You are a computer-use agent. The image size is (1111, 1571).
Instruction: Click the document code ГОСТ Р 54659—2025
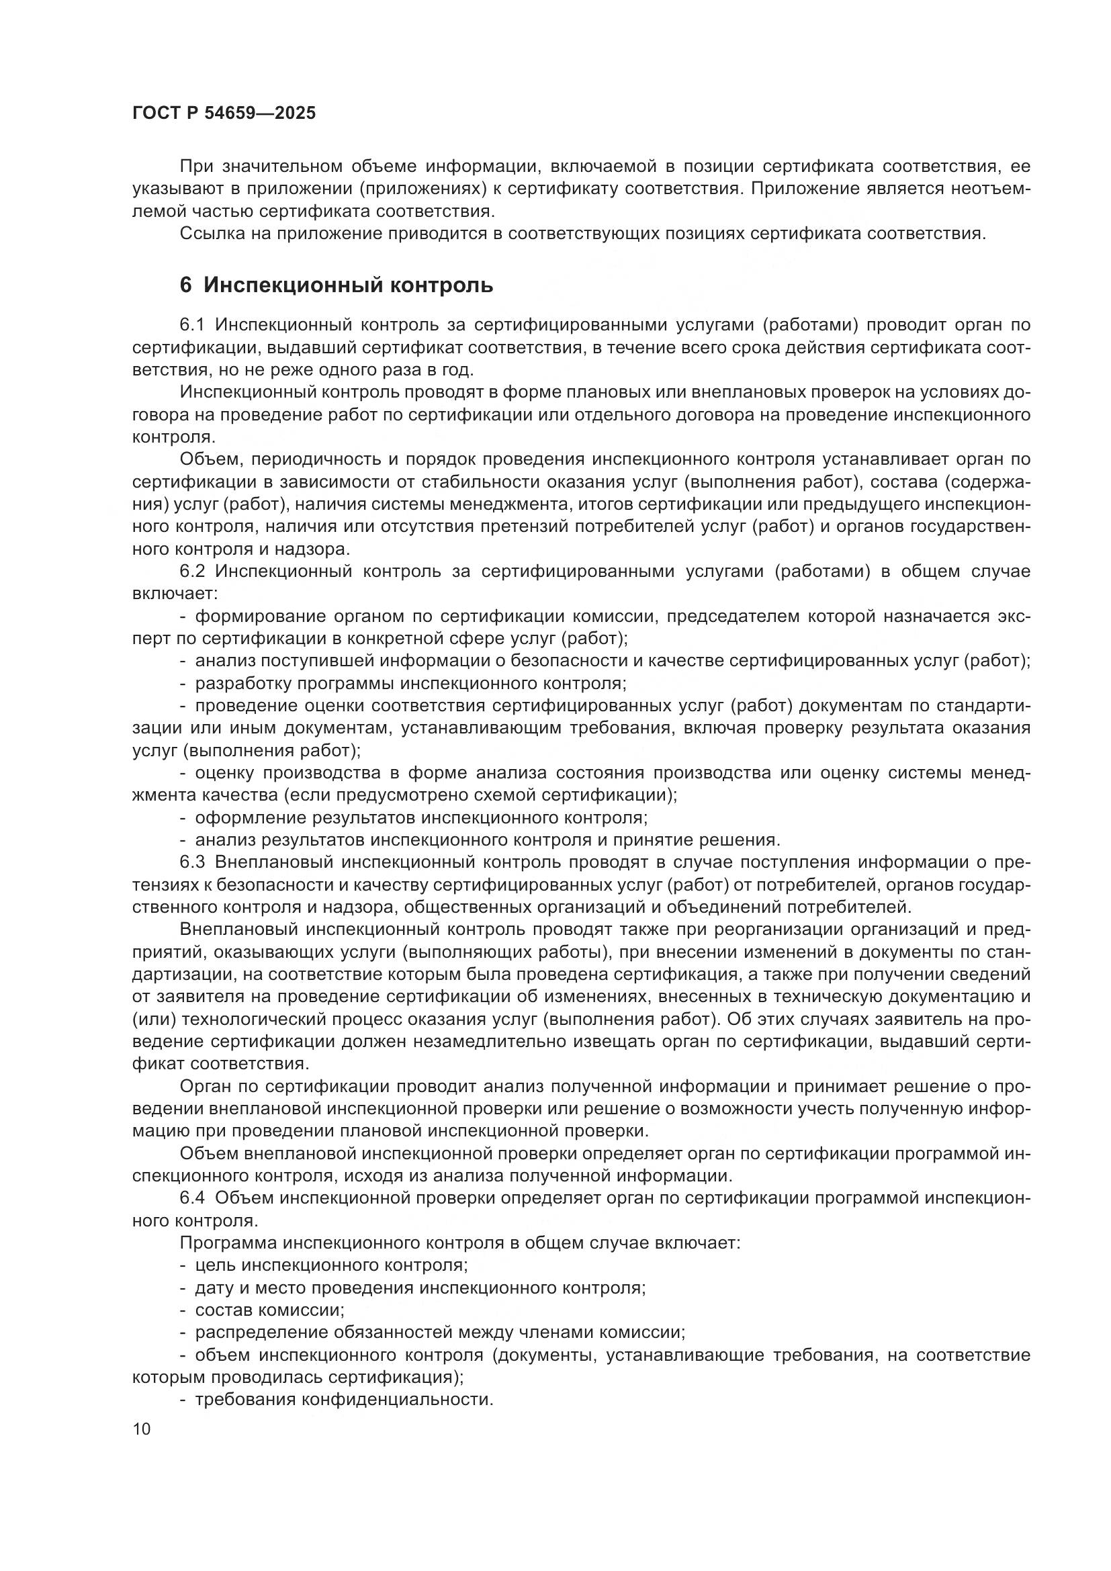point(224,113)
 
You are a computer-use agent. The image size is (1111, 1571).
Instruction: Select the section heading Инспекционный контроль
point(347,285)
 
